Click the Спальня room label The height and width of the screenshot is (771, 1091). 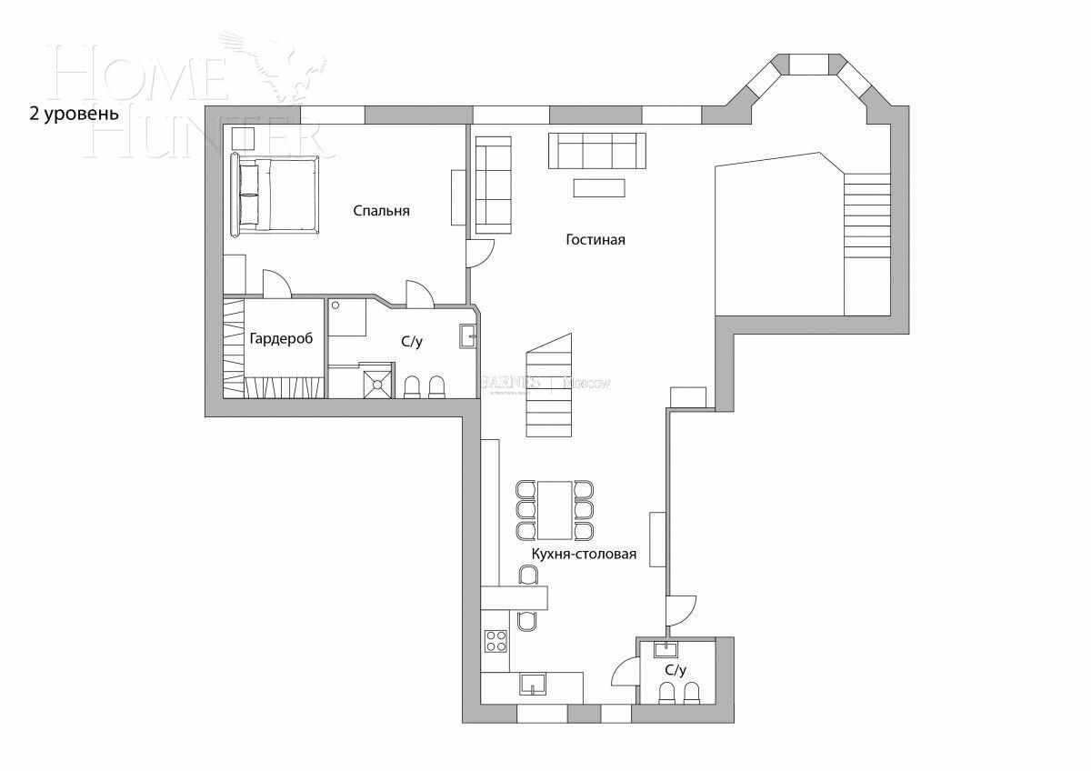[x=381, y=211]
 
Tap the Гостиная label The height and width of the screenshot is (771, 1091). [x=596, y=240]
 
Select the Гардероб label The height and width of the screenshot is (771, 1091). [x=281, y=338]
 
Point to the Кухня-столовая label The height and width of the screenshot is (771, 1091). [x=584, y=554]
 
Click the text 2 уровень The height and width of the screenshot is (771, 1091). [x=74, y=114]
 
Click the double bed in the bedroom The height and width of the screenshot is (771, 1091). [x=276, y=195]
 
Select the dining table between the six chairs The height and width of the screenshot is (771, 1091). [x=555, y=510]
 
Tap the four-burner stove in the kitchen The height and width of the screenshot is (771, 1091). [x=495, y=640]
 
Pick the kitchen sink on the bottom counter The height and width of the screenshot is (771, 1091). [x=532, y=684]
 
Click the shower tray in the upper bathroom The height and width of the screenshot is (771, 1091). [x=378, y=380]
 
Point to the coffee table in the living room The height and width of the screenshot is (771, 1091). [x=599, y=187]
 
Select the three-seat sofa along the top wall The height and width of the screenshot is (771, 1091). [x=597, y=150]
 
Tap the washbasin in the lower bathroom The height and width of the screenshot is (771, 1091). [x=666, y=648]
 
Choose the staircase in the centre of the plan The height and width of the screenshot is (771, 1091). [x=550, y=386]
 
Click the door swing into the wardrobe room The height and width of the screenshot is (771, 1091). [x=276, y=283]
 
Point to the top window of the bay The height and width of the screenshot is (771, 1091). [x=807, y=64]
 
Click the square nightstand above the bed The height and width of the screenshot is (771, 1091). [x=243, y=139]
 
